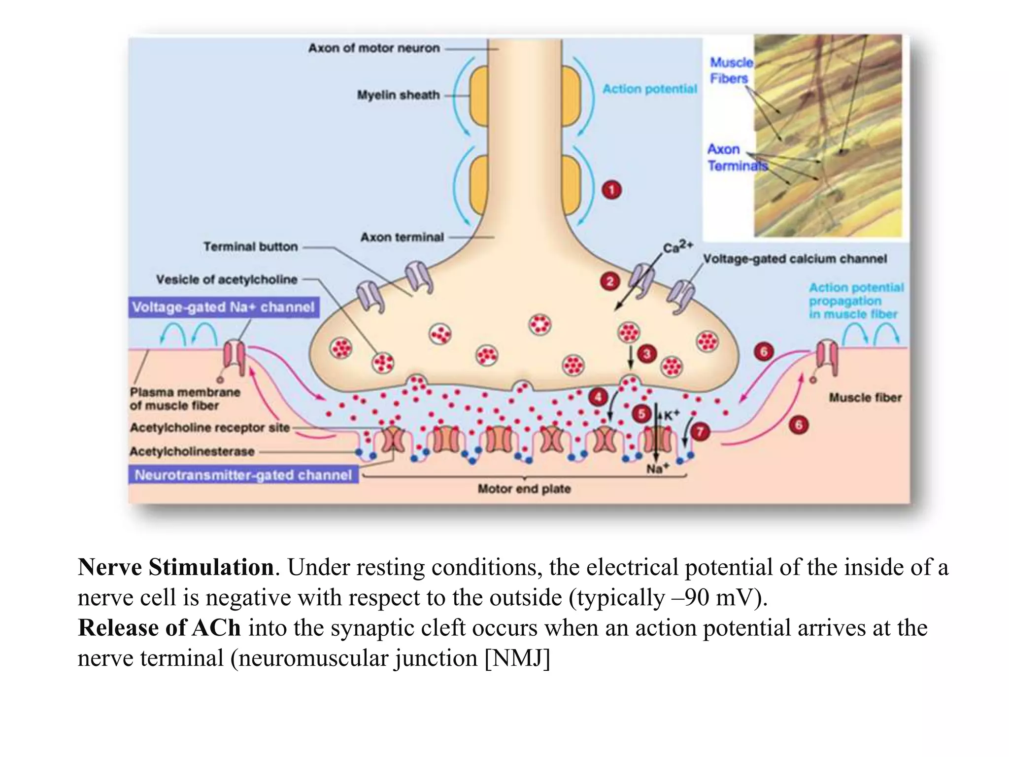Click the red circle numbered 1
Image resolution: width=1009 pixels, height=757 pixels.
pyautogui.click(x=611, y=190)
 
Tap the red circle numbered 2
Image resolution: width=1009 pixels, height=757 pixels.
pyautogui.click(x=610, y=281)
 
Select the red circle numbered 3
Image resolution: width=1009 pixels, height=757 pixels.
pyautogui.click(x=647, y=353)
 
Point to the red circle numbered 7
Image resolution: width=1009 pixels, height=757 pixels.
pyautogui.click(x=700, y=432)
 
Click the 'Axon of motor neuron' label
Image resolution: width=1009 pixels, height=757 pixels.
pyautogui.click(x=374, y=48)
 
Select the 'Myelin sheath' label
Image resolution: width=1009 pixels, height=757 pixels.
pyautogui.click(x=398, y=95)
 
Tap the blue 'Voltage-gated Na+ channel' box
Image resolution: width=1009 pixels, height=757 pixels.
pyautogui.click(x=224, y=307)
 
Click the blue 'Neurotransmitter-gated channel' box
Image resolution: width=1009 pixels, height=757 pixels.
pyautogui.click(x=243, y=475)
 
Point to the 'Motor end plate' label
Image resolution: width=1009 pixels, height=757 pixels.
pyautogui.click(x=524, y=489)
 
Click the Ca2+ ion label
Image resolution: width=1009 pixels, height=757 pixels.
pyautogui.click(x=677, y=246)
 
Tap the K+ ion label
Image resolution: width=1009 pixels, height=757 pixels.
pyautogui.click(x=672, y=415)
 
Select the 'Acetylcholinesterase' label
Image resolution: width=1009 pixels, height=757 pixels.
pyautogui.click(x=192, y=451)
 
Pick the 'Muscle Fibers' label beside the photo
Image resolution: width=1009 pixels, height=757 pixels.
pyautogui.click(x=730, y=70)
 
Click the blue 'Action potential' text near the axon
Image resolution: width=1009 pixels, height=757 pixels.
pyautogui.click(x=649, y=89)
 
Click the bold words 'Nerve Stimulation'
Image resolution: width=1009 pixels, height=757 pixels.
pyautogui.click(x=176, y=567)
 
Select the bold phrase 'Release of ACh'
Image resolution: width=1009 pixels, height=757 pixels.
pyautogui.click(x=159, y=628)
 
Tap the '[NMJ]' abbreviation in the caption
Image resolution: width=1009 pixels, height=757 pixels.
pyautogui.click(x=517, y=658)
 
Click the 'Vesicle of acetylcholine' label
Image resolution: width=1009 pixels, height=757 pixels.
pyautogui.click(x=227, y=279)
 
